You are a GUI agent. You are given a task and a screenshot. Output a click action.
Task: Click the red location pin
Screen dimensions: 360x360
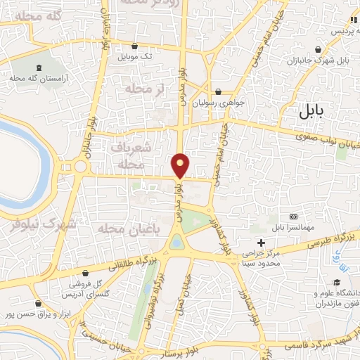(x=181, y=165)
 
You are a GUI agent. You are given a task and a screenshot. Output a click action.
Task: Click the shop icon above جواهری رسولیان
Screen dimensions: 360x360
(x=219, y=91)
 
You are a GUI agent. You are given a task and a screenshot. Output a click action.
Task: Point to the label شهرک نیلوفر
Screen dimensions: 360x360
(x=48, y=224)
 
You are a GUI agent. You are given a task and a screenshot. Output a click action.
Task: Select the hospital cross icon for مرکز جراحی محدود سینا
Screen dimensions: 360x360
(x=262, y=242)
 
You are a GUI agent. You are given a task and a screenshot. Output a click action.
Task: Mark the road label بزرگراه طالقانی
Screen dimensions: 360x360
(x=133, y=264)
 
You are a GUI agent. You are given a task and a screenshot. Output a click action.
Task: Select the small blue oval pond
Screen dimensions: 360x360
(x=176, y=243)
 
